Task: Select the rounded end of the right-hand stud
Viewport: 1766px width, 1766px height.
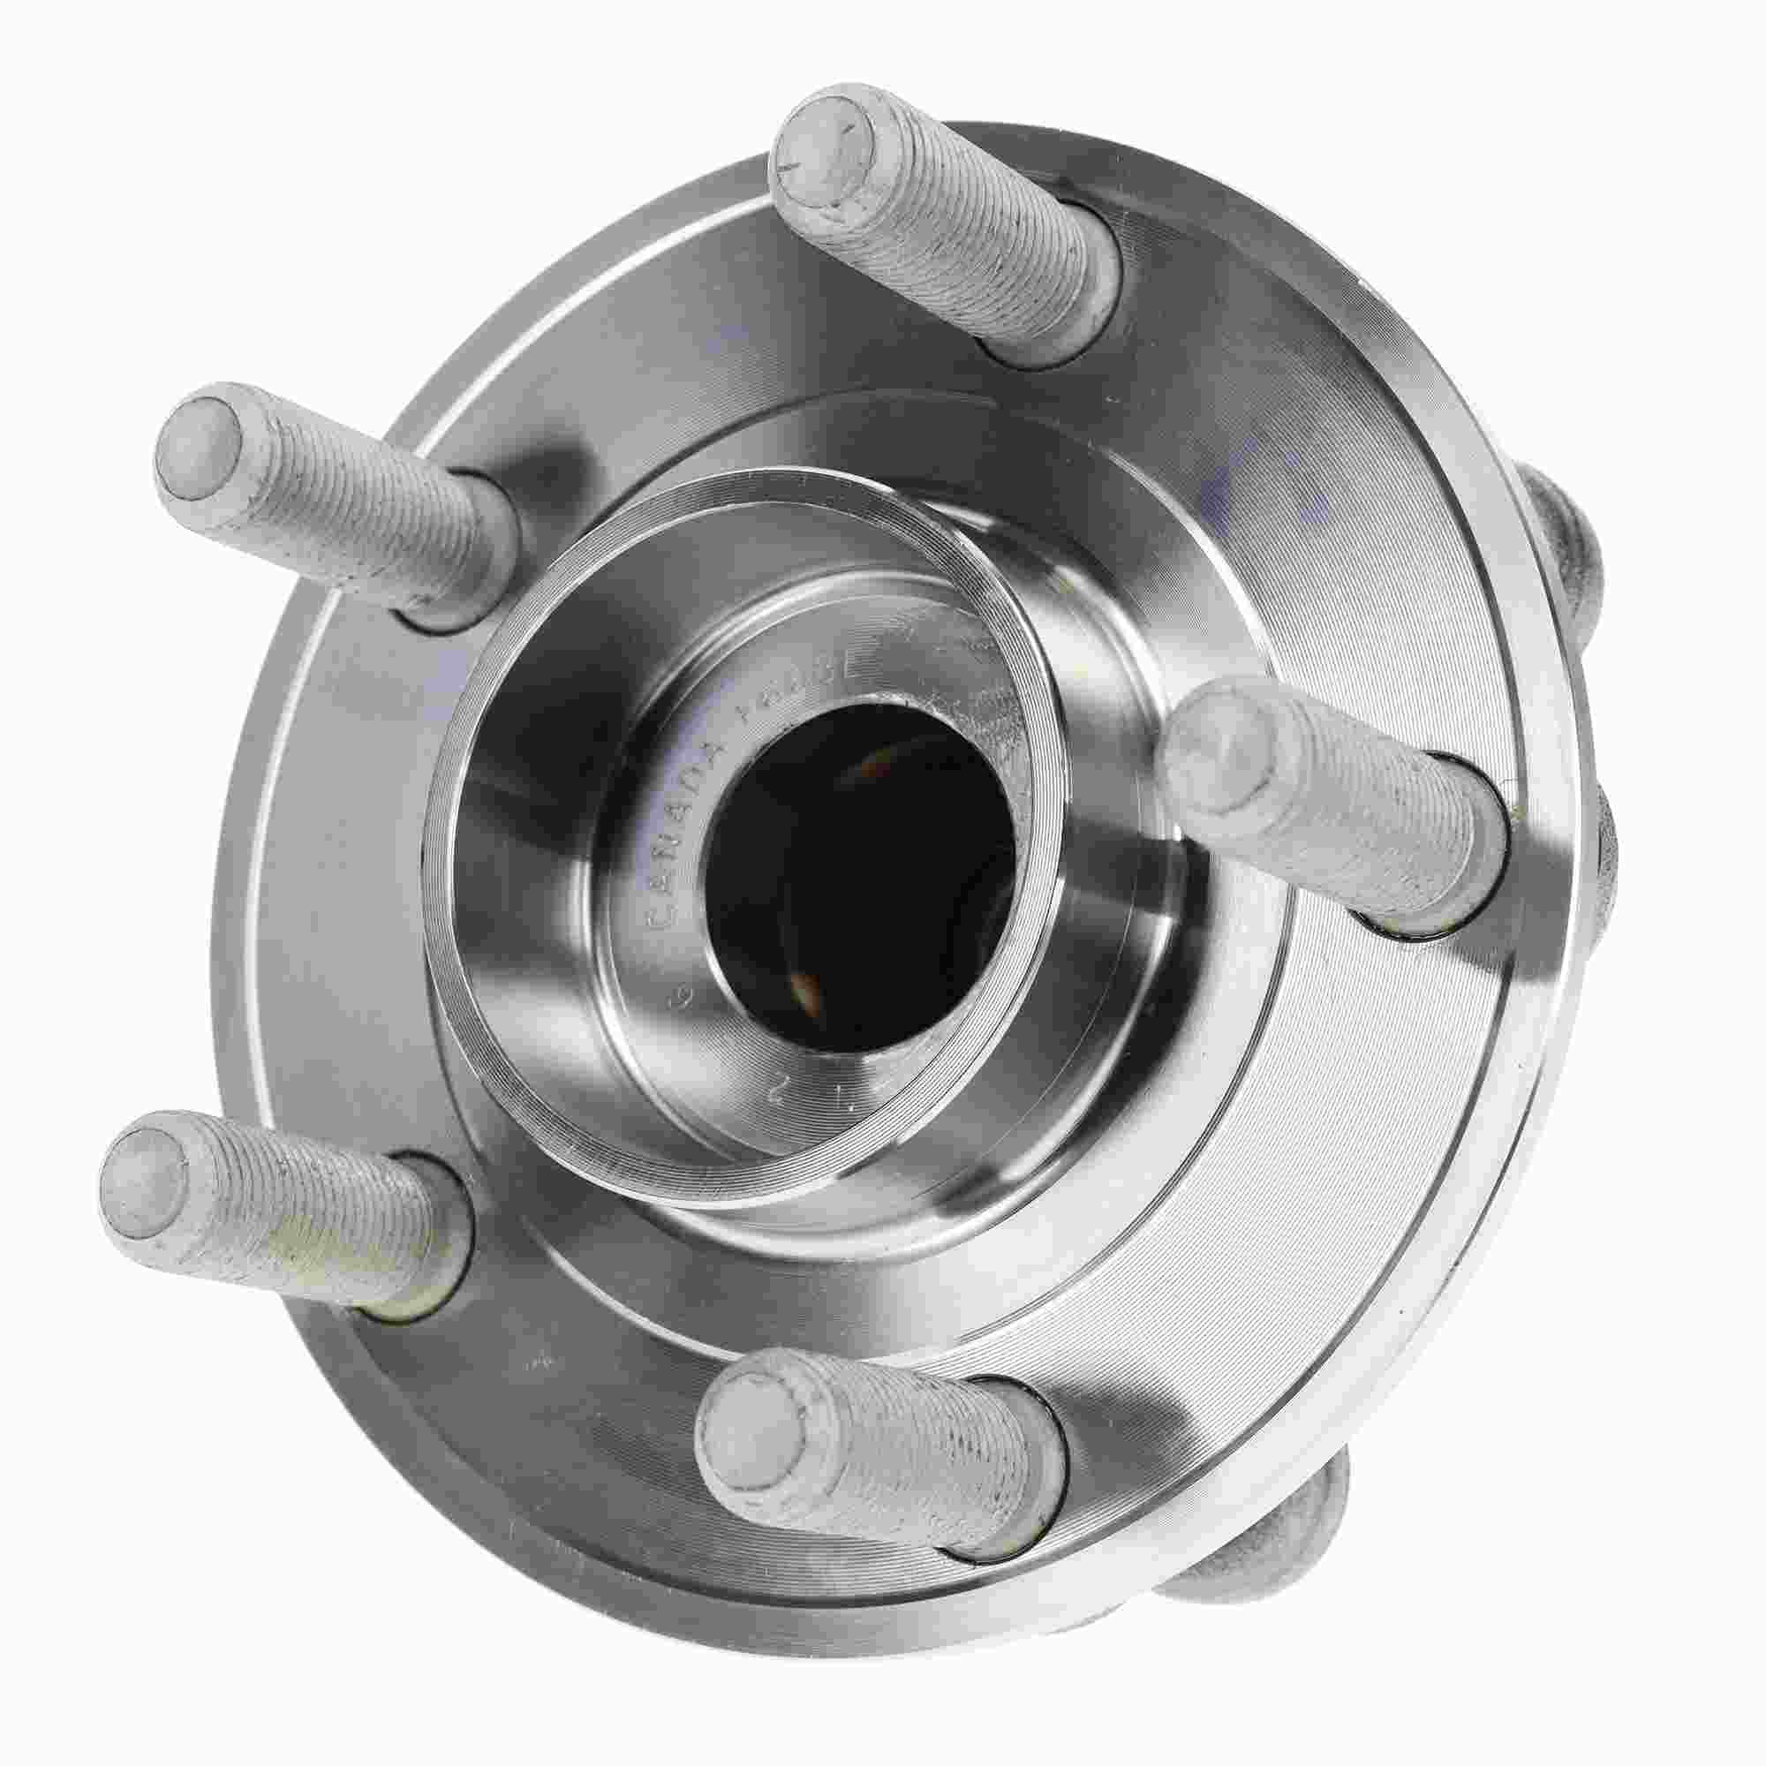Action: (1216, 751)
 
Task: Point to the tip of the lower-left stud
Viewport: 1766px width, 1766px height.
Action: (145, 1179)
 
